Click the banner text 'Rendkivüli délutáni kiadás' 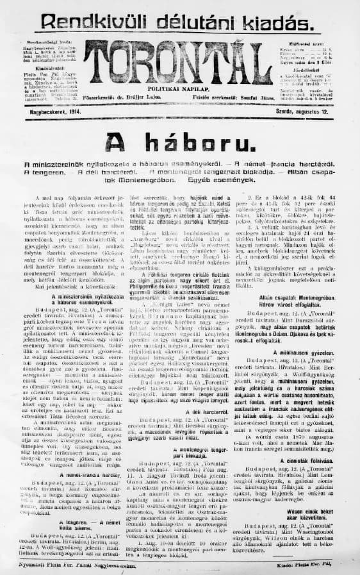[179, 19]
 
